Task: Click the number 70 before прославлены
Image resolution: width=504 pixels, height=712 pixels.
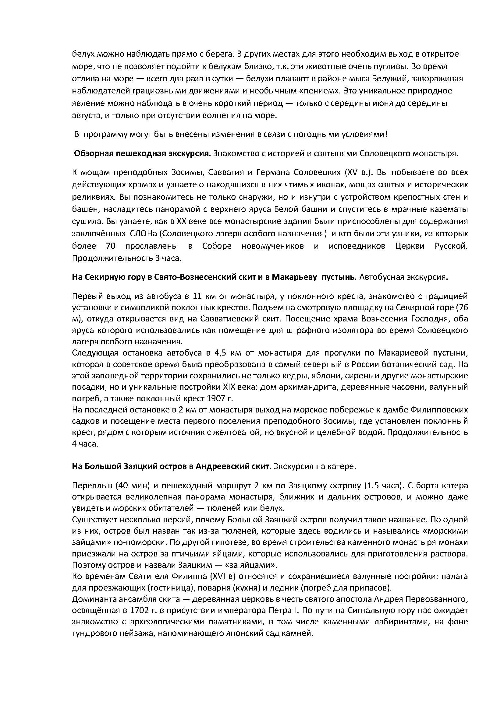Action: [x=111, y=246]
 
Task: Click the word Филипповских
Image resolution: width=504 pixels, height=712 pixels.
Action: [x=439, y=410]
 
